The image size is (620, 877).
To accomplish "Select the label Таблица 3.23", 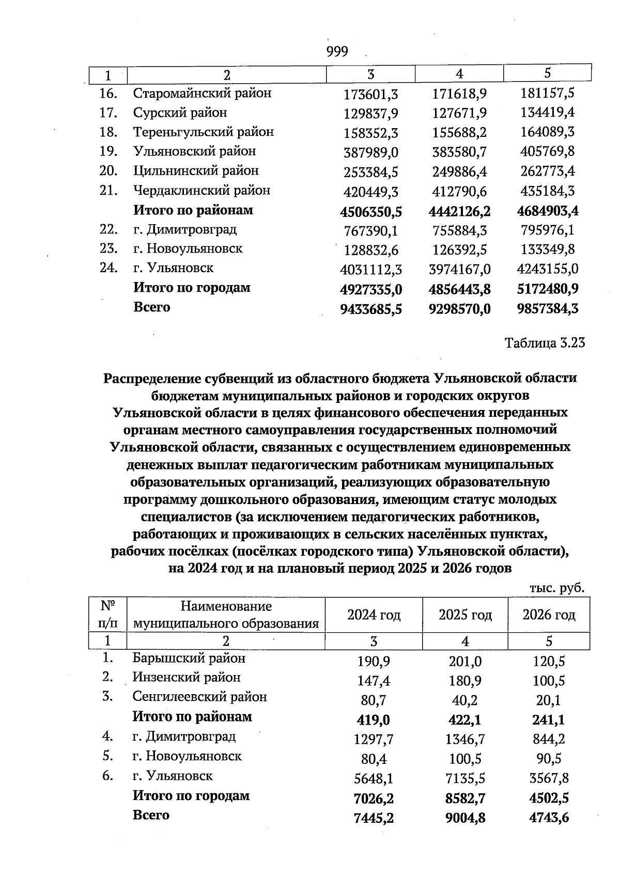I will [x=545, y=343].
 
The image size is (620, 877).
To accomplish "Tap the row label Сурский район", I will [x=180, y=113].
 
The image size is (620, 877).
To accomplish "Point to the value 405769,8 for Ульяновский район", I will [x=548, y=152].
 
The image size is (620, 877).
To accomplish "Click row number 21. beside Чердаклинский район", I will [x=109, y=190].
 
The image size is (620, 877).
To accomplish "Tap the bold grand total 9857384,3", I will [x=548, y=309].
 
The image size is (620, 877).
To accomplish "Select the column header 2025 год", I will [x=465, y=615].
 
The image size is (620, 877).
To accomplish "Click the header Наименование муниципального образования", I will [x=226, y=615].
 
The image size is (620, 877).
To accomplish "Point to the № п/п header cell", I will [x=107, y=615].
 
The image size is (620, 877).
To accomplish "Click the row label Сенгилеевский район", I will [x=199, y=697].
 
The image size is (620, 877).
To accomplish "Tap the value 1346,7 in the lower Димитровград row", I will [x=465, y=740].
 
